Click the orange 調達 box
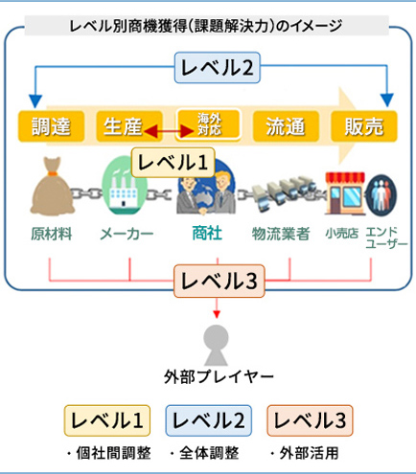coord(51,126)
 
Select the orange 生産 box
coord(129,126)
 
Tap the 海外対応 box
coord(208,124)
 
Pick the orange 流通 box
coord(286,126)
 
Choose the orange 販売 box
coord(364,126)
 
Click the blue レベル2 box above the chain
coord(218,68)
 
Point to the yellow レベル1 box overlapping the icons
coord(173,163)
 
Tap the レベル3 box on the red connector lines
coord(220,281)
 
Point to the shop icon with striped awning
coord(345,192)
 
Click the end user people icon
coord(381,195)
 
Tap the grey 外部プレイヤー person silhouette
coord(217,345)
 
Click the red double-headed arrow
coord(169,131)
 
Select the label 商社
coord(207,233)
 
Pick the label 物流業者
coord(281,234)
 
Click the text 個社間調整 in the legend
coord(113,453)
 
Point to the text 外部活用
coord(309,453)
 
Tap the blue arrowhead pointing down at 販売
coord(387,101)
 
